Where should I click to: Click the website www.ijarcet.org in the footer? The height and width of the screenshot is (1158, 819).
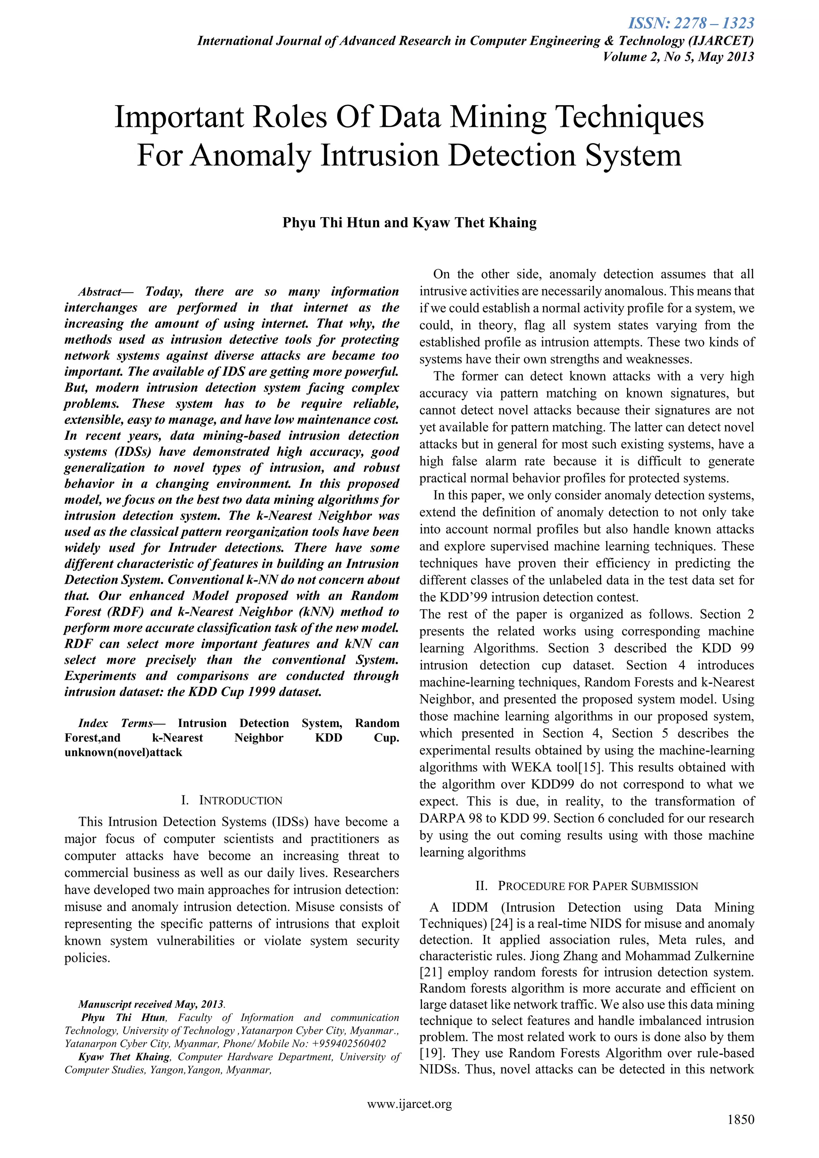[409, 1104]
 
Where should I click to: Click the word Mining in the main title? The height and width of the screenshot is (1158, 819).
[498, 117]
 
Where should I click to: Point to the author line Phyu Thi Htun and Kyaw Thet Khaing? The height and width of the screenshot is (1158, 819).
[409, 222]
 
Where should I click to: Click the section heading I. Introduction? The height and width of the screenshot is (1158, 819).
[232, 801]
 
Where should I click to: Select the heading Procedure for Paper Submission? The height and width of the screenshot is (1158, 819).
[597, 886]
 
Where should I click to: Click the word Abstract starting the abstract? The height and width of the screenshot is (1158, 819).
[99, 292]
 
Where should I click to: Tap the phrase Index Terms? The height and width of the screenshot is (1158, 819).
[116, 724]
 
